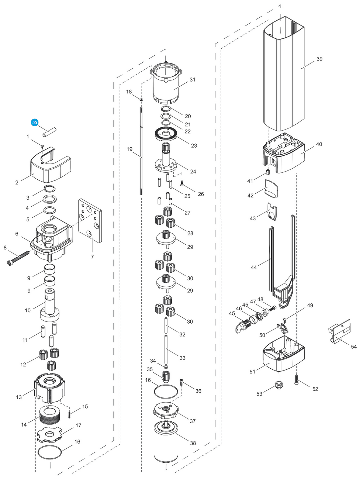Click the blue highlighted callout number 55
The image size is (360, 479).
pyautogui.click(x=35, y=123)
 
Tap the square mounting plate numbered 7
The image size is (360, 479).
pyautogui.click(x=90, y=220)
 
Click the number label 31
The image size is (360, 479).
pyautogui.click(x=192, y=80)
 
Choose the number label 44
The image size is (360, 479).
pyautogui.click(x=254, y=267)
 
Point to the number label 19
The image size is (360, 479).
pyautogui.click(x=129, y=149)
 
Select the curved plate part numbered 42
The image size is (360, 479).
pyautogui.click(x=271, y=188)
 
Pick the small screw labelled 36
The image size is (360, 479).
pyautogui.click(x=181, y=382)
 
